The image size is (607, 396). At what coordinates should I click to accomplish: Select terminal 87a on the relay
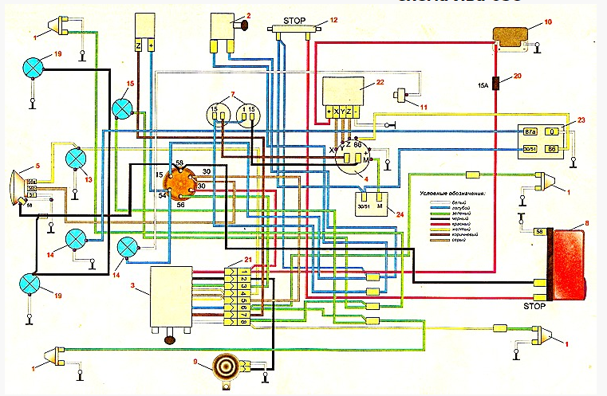point(532,130)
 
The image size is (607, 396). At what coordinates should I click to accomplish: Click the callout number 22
point(381,82)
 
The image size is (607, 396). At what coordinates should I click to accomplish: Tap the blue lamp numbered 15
point(123,108)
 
